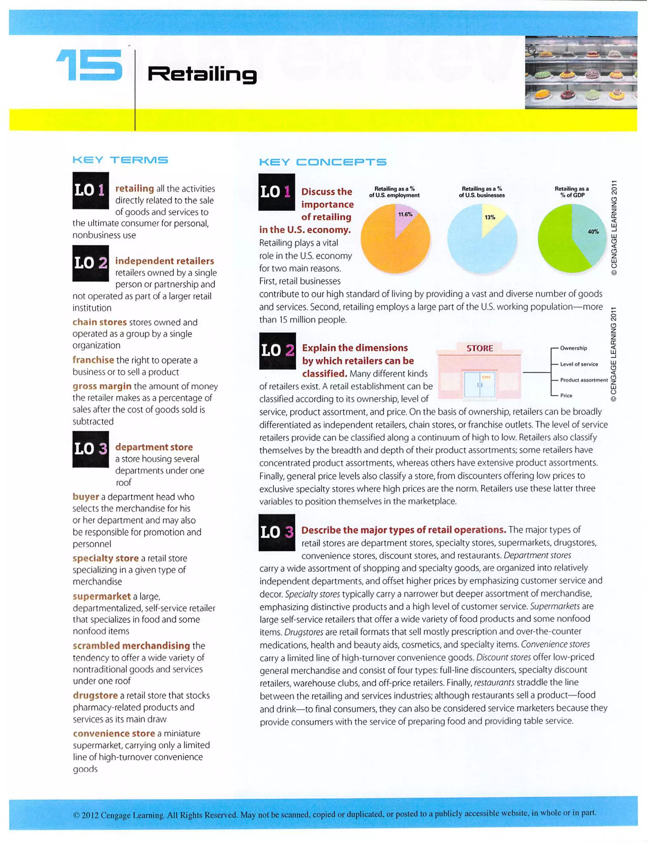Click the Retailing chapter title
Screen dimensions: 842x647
coord(202,74)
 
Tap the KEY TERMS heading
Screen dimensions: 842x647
coord(120,160)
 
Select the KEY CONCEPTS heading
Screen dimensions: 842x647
coord(323,162)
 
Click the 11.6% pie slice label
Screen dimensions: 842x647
coord(405,215)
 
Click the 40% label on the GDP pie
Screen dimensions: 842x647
coord(593,232)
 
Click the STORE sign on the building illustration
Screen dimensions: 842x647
coord(480,348)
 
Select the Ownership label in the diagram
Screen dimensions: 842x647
coord(573,348)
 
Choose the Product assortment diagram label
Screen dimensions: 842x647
coord(584,380)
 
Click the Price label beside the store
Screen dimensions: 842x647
coord(566,395)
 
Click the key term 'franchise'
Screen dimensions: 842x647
coord(93,360)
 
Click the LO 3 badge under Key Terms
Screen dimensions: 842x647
coord(90,449)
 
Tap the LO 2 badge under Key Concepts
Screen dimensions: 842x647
coord(277,350)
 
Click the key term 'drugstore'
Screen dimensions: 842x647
coord(95,695)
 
